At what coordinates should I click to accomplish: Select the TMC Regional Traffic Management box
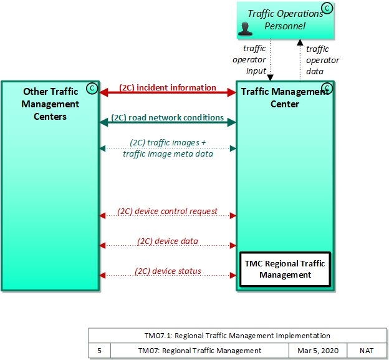(x=285, y=269)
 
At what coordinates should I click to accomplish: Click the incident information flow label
(x=168, y=88)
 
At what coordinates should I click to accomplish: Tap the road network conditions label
(x=168, y=117)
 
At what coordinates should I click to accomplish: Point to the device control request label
(x=168, y=212)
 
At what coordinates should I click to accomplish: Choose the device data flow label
(x=168, y=241)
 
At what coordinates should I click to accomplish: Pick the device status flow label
(x=168, y=271)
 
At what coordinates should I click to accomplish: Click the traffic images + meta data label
(x=168, y=148)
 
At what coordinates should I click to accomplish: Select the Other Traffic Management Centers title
(x=50, y=104)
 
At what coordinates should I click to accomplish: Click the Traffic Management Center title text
(x=284, y=97)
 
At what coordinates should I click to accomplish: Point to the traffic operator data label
(x=322, y=60)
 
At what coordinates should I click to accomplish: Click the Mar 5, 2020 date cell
(x=318, y=351)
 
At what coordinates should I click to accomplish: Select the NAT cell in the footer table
(x=367, y=351)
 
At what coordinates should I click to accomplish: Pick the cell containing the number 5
(x=99, y=351)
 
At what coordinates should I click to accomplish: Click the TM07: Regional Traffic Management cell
(x=199, y=351)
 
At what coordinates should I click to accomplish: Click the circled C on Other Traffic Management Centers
(x=92, y=88)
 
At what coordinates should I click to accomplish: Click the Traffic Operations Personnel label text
(x=286, y=19)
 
